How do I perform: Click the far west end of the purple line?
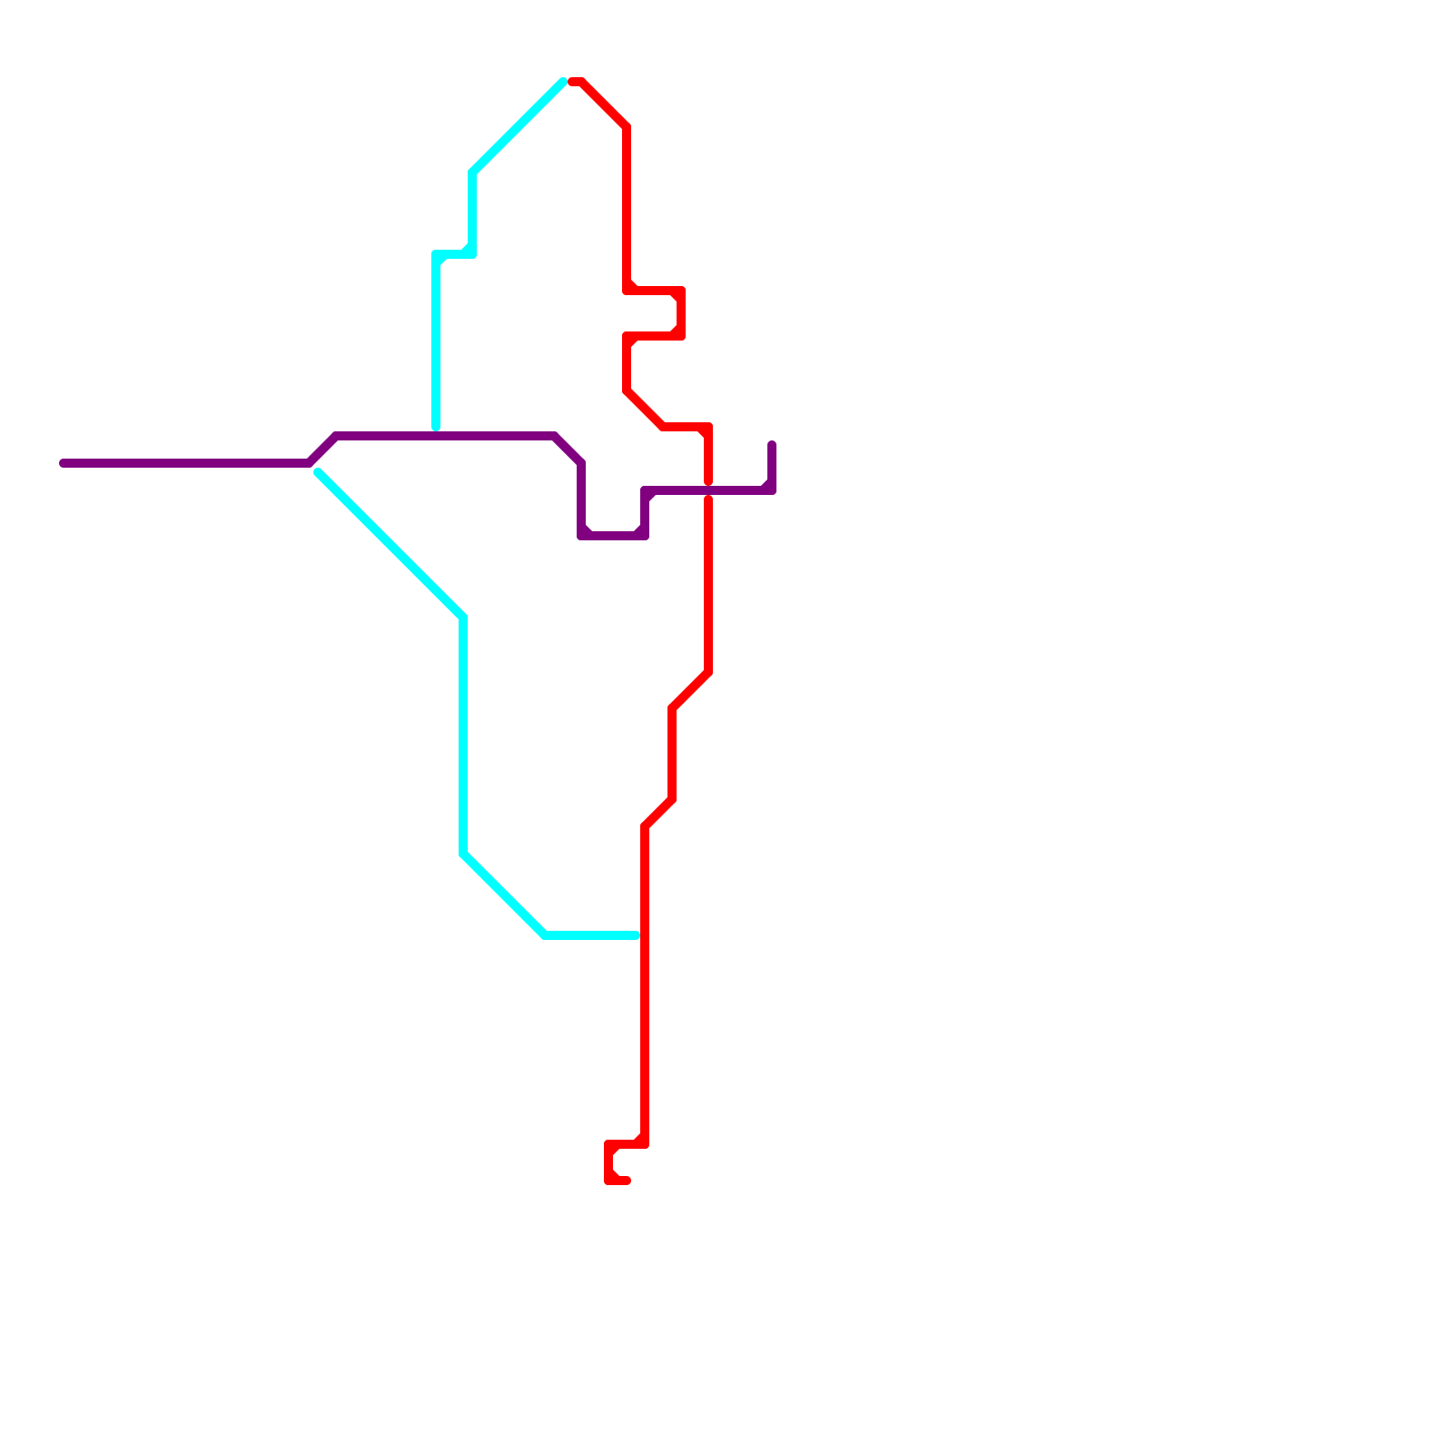click(63, 463)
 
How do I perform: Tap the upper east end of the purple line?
click(772, 444)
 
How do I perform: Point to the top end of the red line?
click(572, 82)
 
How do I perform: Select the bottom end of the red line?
click(627, 1181)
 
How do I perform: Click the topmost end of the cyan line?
click(563, 82)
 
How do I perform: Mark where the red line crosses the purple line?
click(708, 490)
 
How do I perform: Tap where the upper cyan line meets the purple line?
click(437, 434)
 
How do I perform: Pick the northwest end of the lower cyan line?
click(318, 472)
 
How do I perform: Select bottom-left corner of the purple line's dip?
click(581, 536)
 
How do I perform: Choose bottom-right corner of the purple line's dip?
click(645, 536)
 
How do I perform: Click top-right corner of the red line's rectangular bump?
click(681, 291)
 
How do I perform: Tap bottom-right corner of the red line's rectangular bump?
click(681, 336)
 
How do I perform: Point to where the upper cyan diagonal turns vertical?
click(472, 173)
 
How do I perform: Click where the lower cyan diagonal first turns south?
click(463, 618)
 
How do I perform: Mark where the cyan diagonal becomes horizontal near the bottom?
click(545, 935)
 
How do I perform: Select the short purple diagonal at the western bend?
click(322, 450)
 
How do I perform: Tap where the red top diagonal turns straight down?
click(627, 127)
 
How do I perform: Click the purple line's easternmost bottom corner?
click(772, 490)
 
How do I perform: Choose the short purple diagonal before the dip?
click(568, 450)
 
